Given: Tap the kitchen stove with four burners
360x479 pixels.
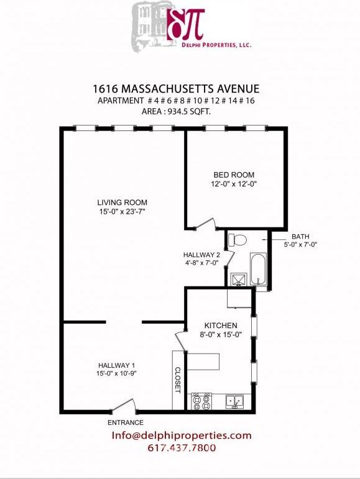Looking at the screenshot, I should pos(201,402).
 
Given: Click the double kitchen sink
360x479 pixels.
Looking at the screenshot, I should pos(234,402).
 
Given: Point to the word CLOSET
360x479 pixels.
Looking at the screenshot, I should pos(177,378).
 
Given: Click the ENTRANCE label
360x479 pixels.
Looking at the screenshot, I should pos(125,423).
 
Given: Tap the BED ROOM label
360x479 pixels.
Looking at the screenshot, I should pos(234,175).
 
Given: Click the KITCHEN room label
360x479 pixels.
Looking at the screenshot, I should pos(221,326).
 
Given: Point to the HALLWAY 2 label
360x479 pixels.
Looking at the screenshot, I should pos(201,255).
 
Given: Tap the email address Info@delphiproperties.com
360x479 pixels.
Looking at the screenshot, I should pos(182,436).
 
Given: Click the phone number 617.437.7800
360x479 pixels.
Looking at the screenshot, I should pos(182,448).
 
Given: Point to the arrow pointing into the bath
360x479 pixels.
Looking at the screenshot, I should pos(277,237).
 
